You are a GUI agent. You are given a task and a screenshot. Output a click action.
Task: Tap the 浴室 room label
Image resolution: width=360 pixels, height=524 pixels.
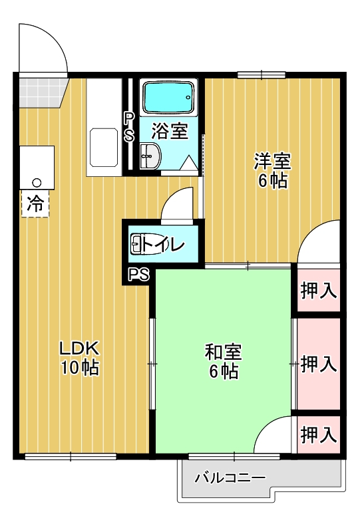169,131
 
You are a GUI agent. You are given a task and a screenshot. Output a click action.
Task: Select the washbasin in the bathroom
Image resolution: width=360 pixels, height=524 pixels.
150,157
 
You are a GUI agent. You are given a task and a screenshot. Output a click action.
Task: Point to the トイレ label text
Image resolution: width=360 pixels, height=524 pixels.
162,245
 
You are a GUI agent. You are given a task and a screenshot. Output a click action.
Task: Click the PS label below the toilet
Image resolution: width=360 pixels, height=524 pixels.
138,274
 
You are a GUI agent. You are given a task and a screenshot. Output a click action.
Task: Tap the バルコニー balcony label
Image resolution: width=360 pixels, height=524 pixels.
230,477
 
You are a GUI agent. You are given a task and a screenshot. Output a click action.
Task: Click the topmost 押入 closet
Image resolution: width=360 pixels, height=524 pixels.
319,291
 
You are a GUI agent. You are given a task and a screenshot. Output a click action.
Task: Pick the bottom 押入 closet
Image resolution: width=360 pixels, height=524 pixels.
319,435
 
